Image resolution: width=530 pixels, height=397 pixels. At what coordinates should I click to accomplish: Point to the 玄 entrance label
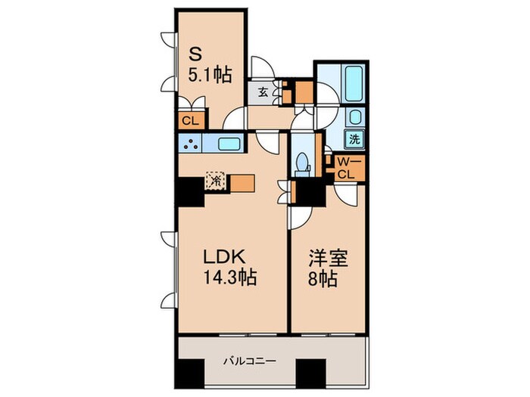click(x=262, y=93)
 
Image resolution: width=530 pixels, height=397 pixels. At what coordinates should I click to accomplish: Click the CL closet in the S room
click(x=190, y=119)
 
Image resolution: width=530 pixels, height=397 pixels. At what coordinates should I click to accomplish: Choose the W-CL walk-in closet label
click(x=347, y=167)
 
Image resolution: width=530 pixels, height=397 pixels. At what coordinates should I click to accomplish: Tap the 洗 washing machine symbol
click(x=354, y=139)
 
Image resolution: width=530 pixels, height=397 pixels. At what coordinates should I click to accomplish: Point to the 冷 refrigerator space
click(x=216, y=182)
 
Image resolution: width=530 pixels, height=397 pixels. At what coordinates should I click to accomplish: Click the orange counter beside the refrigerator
click(x=241, y=183)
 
